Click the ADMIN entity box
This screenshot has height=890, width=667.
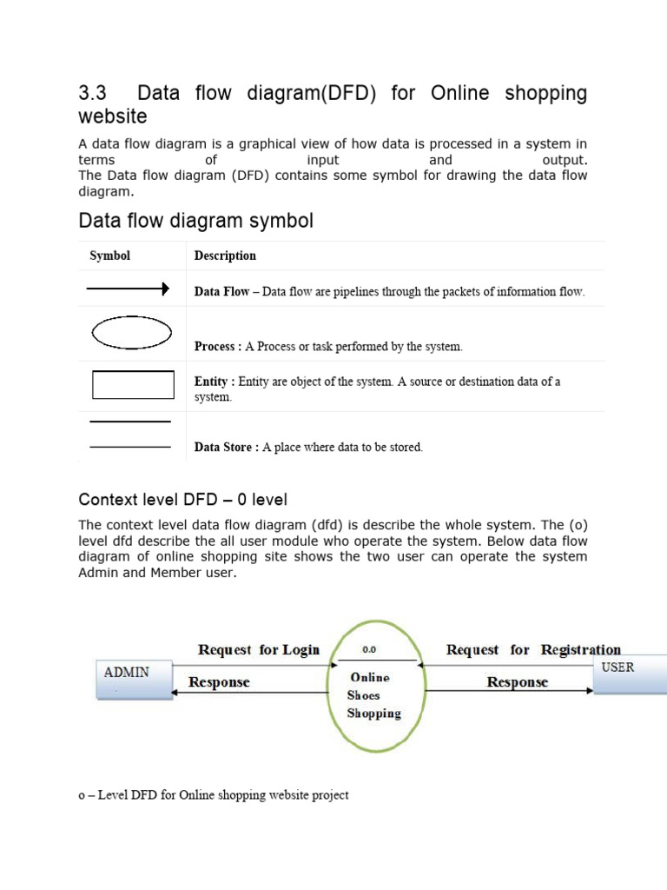pyautogui.click(x=134, y=678)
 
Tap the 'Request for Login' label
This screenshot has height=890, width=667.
pyautogui.click(x=259, y=649)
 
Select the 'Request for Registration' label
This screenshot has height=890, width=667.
pyautogui.click(x=533, y=649)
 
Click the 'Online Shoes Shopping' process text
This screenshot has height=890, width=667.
pyautogui.click(x=373, y=695)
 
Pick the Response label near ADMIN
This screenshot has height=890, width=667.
pyautogui.click(x=219, y=682)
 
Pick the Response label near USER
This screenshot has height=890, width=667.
pyautogui.click(x=518, y=682)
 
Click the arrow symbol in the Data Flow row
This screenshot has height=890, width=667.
pyautogui.click(x=127, y=289)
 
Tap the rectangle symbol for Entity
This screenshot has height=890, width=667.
pyautogui.click(x=133, y=385)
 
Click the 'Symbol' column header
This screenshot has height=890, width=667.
pyautogui.click(x=110, y=256)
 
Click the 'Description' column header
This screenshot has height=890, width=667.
pyautogui.click(x=225, y=256)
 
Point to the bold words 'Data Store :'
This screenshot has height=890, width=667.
pyautogui.click(x=226, y=448)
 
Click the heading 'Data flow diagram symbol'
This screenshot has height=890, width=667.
pyautogui.click(x=195, y=221)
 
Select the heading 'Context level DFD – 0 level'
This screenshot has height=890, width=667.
pyautogui.click(x=182, y=500)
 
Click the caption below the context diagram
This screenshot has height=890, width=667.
pyautogui.click(x=214, y=795)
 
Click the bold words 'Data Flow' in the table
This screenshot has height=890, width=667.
pyautogui.click(x=221, y=292)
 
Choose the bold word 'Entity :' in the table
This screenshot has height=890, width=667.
pyautogui.click(x=215, y=382)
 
